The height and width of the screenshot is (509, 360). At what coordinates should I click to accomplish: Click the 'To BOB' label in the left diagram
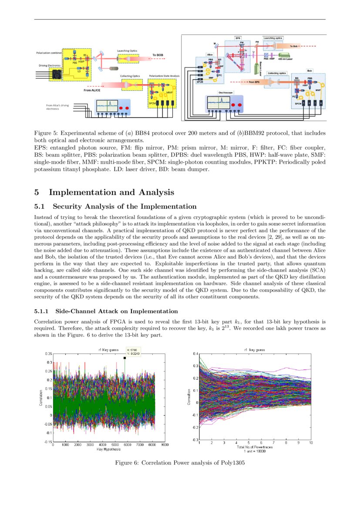click(x=157, y=55)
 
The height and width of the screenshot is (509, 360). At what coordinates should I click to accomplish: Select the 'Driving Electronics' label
click(x=48, y=66)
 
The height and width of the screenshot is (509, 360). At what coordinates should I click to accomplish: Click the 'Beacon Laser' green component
click(x=257, y=67)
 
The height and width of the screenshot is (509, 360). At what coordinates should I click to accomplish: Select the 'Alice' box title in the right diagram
click(x=210, y=55)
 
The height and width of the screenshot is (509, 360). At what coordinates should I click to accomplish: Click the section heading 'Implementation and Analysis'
click(x=111, y=192)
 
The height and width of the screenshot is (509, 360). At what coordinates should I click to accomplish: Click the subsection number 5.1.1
click(x=43, y=311)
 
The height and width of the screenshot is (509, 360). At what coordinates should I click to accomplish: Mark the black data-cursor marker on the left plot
click(x=125, y=358)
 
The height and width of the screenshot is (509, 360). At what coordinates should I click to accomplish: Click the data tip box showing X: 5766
click(x=133, y=351)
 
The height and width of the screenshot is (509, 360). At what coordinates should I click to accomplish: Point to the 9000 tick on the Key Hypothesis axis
click(x=165, y=445)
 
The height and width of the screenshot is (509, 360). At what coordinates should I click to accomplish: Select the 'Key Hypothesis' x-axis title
click(x=109, y=449)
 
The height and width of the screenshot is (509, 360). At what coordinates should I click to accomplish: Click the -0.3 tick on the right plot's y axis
click(x=195, y=440)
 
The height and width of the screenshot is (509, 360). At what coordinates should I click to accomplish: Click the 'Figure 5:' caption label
click(x=46, y=132)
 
